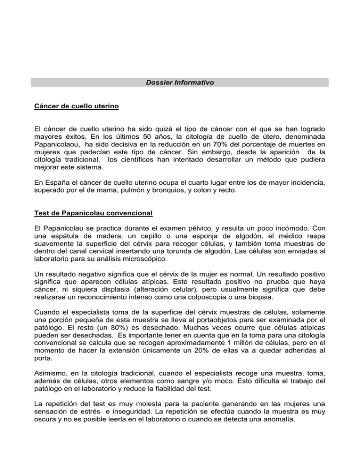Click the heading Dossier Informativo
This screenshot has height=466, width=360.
[180, 83]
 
